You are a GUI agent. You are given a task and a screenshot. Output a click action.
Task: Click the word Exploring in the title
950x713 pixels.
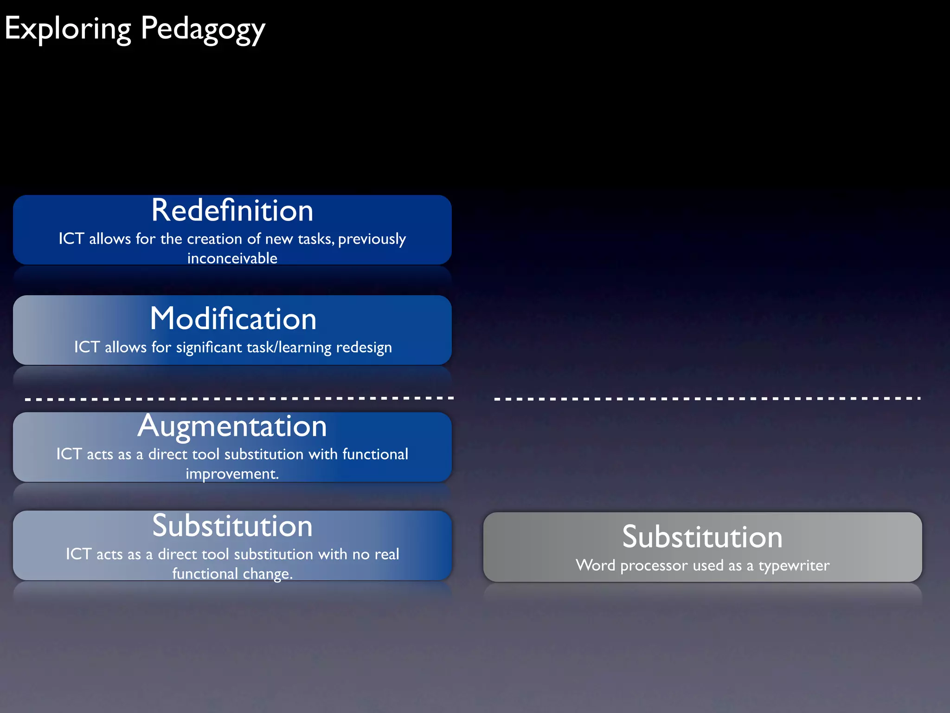pos(68,29)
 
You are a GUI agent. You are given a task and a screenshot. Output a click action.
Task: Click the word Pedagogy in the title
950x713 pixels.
pos(203,29)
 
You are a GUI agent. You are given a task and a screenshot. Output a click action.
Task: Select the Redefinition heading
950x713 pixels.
pos(232,210)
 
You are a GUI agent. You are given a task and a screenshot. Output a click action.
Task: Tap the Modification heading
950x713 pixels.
pos(233,319)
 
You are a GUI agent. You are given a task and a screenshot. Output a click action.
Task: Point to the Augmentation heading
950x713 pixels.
pos(232,426)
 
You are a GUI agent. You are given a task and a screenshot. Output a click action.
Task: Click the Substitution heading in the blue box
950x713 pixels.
pos(232,526)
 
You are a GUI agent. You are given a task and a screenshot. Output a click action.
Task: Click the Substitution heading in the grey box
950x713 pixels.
pos(702,537)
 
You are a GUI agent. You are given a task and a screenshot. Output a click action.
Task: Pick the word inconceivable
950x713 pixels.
pos(232,258)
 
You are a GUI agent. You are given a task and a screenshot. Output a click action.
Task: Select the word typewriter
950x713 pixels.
pos(794,565)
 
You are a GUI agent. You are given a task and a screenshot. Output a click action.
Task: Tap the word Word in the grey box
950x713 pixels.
pos(595,565)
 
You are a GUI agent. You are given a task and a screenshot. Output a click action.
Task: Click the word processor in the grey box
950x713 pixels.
pos(654,565)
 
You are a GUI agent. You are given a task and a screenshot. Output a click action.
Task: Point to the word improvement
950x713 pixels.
pos(231,474)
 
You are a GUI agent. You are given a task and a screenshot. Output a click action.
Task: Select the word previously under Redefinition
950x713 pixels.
pos(372,239)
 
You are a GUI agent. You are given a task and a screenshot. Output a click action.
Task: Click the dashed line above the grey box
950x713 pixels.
pos(707,399)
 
